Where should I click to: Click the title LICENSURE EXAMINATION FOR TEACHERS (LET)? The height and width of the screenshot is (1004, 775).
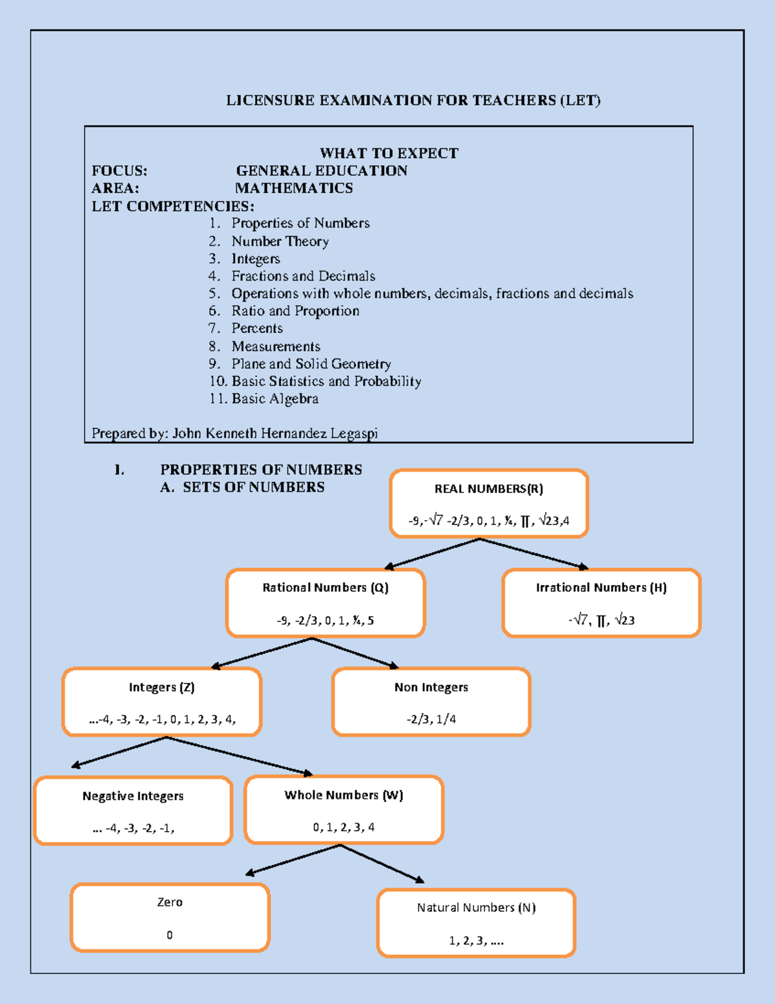tap(413, 101)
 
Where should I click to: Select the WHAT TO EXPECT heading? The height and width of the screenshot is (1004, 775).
tap(389, 154)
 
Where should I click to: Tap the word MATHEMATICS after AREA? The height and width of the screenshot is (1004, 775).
tap(294, 188)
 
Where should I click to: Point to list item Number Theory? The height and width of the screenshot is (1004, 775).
tap(280, 241)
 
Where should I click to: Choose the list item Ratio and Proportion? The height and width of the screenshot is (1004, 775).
tap(295, 311)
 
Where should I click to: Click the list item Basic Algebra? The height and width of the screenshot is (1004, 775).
tap(274, 399)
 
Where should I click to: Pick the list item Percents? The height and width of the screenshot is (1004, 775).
tap(257, 328)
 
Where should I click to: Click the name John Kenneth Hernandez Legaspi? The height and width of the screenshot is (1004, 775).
tap(274, 434)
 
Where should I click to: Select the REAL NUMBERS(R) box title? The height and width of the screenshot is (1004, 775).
tap(488, 489)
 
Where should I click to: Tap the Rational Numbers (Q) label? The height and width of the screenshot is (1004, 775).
tap(325, 588)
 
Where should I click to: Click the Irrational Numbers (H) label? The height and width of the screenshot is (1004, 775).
tap(601, 588)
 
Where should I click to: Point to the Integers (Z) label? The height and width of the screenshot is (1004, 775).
tap(161, 687)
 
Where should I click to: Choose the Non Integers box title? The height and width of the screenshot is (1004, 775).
tap(431, 687)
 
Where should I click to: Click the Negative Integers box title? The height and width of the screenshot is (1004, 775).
tap(133, 796)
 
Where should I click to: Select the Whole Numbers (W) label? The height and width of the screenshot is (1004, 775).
tap(344, 796)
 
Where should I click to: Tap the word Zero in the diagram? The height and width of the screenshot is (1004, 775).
tap(170, 902)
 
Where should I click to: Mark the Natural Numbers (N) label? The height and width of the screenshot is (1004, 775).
tap(476, 908)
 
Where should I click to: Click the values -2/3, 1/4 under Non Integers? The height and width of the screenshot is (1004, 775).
tap(431, 719)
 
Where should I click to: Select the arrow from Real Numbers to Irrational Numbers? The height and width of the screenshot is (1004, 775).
tap(533, 554)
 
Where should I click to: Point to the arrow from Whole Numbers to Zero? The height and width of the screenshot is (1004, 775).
tap(294, 859)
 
